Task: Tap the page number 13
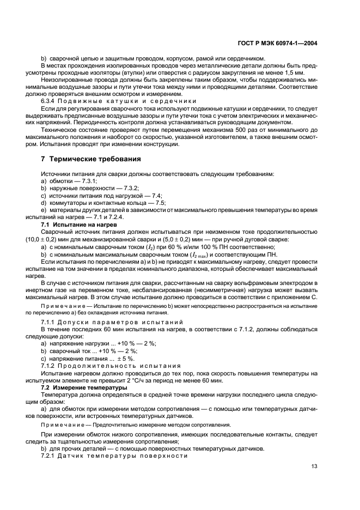pyautogui.click(x=314, y=466)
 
